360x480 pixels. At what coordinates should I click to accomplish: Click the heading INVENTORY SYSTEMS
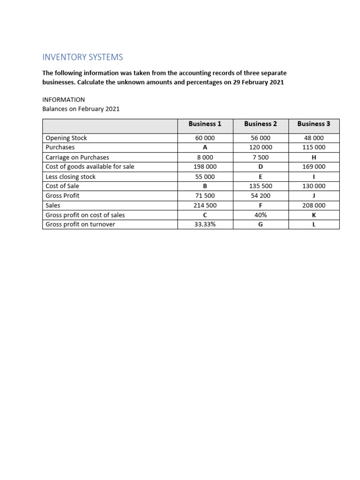82,57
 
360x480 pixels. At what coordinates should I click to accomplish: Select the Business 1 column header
205,124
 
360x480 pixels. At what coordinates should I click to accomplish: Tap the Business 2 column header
261,124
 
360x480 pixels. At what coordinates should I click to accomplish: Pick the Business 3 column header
314,124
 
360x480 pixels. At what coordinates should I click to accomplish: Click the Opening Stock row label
66,138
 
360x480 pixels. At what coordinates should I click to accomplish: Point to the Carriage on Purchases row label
77,157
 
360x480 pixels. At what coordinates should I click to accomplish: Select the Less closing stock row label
70,177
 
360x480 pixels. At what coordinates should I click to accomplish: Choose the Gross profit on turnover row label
80,225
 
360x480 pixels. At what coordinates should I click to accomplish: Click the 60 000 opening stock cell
205,138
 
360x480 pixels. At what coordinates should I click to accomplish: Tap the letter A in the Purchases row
205,148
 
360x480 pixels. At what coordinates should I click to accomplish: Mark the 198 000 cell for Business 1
205,167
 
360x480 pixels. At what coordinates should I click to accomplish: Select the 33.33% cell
205,225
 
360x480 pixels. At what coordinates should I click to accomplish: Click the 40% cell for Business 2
261,215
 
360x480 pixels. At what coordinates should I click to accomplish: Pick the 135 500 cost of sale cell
261,186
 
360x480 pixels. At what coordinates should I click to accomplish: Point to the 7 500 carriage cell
261,157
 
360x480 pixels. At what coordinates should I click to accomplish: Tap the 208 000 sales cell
314,205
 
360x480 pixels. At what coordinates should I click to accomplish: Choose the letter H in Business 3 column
314,157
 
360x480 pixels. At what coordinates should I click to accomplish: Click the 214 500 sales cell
205,205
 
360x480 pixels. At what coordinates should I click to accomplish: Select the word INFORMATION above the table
64,100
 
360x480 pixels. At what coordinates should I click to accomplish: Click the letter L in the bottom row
314,225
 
